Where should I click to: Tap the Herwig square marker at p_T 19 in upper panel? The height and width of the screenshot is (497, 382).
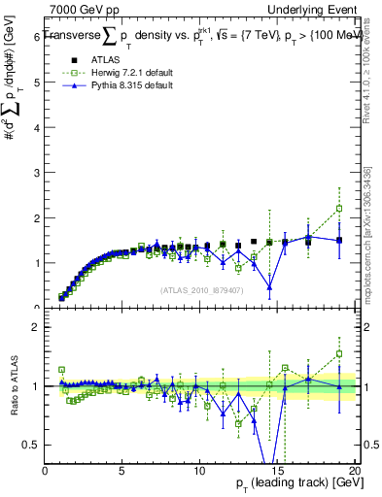point(339,208)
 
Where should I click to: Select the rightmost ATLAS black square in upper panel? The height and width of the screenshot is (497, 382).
point(339,240)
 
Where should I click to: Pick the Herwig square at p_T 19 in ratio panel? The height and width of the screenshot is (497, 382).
point(339,353)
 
